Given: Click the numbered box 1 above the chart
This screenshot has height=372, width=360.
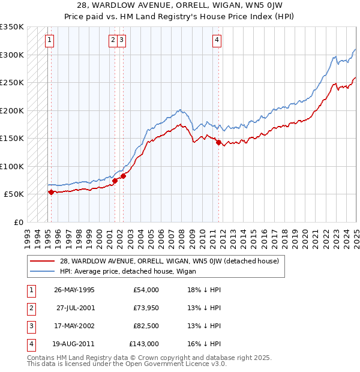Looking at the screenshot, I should tap(49, 41).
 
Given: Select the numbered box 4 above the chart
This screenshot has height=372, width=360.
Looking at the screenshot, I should tap(217, 41).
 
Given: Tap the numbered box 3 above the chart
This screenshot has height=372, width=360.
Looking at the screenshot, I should tap(121, 41).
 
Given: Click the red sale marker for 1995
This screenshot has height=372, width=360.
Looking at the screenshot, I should tap(51, 192).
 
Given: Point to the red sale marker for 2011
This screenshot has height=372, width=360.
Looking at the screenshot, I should tap(218, 142).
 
